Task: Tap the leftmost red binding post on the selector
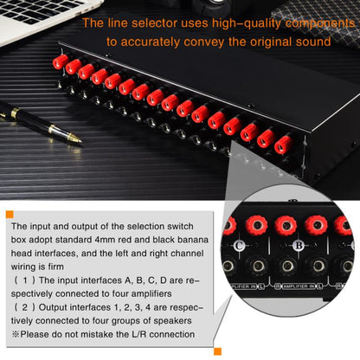[x=61, y=62]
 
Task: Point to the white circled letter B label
[x=296, y=245]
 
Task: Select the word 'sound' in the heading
[x=312, y=41]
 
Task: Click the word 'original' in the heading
[x=263, y=41]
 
